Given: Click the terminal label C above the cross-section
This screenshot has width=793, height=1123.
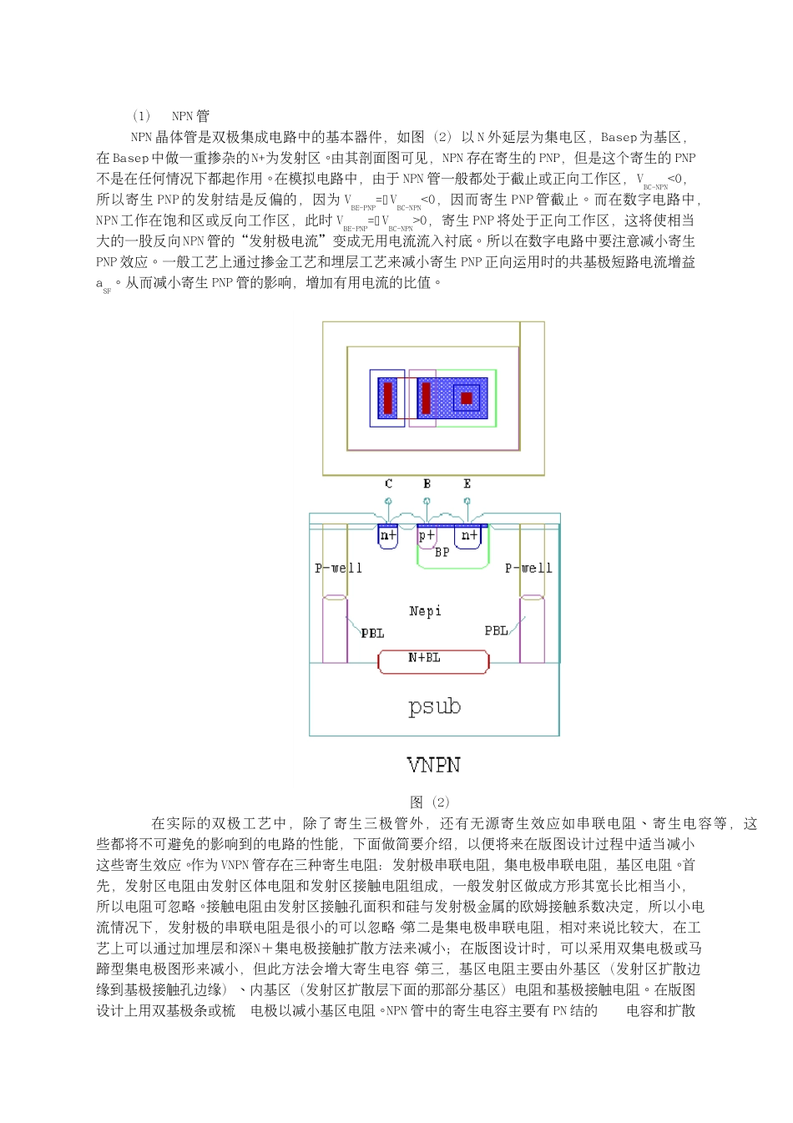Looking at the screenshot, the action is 388,483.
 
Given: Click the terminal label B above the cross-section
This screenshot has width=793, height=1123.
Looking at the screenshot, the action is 427,483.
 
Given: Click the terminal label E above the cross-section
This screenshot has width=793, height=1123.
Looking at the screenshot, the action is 467,483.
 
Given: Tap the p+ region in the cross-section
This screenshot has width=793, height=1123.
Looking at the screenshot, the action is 427,535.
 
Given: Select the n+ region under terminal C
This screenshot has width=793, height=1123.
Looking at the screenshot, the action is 388,535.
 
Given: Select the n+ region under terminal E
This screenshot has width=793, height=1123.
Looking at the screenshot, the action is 470,535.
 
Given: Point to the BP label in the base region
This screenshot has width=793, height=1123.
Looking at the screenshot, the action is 442,552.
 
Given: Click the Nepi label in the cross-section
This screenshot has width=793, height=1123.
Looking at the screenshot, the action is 425,611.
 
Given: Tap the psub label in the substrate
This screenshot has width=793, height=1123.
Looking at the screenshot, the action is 434,706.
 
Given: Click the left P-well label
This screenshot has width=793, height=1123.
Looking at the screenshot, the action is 338,568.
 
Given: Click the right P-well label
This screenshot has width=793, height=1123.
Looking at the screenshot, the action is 528,568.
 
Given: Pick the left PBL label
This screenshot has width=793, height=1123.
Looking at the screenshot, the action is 372,633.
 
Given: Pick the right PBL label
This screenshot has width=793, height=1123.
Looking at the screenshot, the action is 496,630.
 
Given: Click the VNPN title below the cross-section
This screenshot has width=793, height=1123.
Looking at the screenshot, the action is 434,765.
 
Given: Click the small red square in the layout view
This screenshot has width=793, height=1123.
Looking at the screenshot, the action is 467,398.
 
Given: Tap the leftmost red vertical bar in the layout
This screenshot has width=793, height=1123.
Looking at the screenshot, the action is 387,398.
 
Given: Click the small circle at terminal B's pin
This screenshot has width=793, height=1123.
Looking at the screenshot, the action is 427,501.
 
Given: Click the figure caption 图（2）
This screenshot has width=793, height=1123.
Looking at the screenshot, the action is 430,802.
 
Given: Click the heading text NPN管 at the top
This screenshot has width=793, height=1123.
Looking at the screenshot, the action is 190,116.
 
